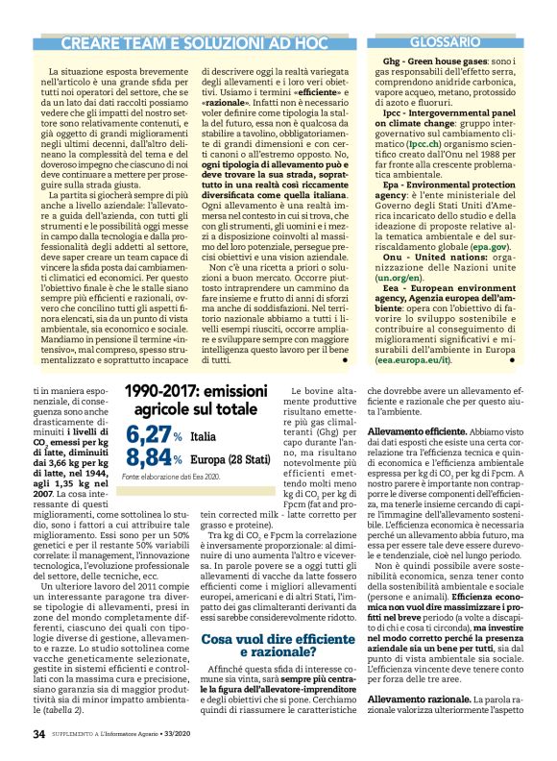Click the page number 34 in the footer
[x=38, y=735]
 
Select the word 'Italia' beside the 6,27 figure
[x=204, y=440]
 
